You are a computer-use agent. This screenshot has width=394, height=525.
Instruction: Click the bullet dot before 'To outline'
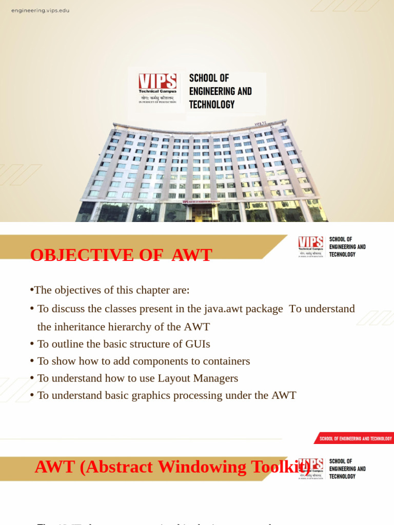(32, 344)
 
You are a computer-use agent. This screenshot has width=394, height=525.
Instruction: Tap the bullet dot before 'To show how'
(32, 361)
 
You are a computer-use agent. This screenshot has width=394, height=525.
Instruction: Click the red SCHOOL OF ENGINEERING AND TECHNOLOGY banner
(355, 438)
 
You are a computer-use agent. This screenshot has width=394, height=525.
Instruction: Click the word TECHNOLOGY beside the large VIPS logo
(212, 105)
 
